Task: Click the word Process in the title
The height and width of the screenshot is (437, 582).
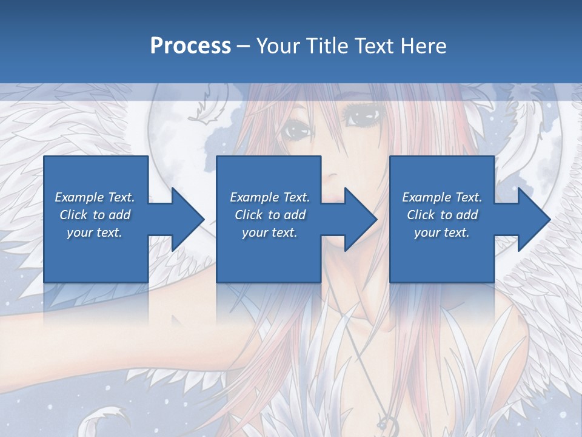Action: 190,46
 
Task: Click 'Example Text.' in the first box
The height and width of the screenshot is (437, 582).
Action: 95,197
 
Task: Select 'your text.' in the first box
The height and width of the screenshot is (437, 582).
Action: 95,232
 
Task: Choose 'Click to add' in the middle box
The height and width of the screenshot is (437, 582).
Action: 270,215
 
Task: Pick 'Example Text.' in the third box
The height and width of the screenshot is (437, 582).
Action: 442,197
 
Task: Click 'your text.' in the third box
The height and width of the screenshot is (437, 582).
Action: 442,232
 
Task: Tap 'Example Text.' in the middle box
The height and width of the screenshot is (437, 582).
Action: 270,197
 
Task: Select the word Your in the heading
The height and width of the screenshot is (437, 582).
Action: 276,46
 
